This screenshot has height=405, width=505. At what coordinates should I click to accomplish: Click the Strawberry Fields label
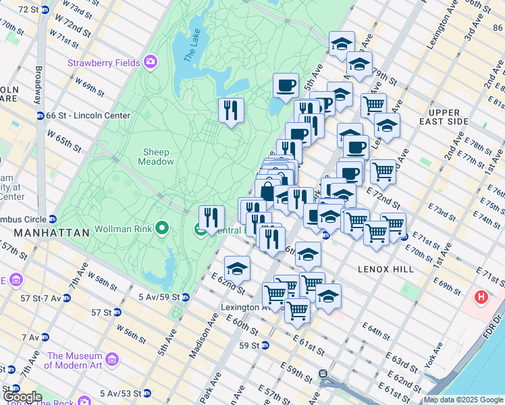103,63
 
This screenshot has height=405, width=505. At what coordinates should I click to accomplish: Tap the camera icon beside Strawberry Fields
150,63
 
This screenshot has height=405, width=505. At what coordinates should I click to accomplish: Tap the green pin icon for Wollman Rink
162,227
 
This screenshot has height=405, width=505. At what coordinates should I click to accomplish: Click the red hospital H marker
481,297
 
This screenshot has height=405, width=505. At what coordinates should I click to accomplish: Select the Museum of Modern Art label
74,361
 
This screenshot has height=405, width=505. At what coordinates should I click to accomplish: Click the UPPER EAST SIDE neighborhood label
444,115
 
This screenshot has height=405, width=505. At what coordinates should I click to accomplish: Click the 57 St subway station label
102,313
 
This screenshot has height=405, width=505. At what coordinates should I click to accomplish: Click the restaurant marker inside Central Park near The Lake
231,109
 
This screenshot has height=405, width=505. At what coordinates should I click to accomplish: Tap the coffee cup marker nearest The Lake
286,86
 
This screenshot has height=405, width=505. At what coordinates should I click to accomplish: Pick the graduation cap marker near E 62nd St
237,269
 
